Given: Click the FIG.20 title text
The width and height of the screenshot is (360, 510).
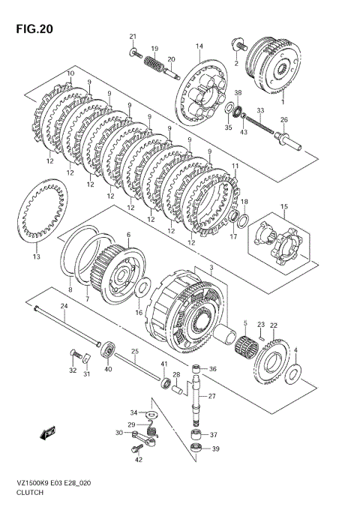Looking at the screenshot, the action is pyautogui.click(x=34, y=29).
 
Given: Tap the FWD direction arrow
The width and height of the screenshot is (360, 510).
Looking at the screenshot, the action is pyautogui.click(x=48, y=433).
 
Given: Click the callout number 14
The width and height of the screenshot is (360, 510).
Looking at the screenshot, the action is pyautogui.click(x=199, y=46).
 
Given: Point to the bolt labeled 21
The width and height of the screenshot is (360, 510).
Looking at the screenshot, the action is pyautogui.click(x=136, y=52).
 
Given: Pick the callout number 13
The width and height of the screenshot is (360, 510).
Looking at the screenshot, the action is pyautogui.click(x=37, y=256).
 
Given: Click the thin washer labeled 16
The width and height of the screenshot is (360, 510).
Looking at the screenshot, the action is pyautogui.click(x=142, y=288).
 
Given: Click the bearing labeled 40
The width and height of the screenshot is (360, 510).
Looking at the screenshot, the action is pyautogui.click(x=108, y=349).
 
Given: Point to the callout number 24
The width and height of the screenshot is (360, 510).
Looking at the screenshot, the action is pyautogui.click(x=64, y=306).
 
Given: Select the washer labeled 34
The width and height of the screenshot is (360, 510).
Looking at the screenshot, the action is pyautogui.click(x=151, y=414).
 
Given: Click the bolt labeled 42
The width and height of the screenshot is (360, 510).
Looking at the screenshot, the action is pyautogui.click(x=136, y=449).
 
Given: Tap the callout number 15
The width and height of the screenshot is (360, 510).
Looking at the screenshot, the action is pyautogui.click(x=284, y=206).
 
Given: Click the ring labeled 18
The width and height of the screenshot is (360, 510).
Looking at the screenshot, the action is pyautogui.click(x=242, y=221).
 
